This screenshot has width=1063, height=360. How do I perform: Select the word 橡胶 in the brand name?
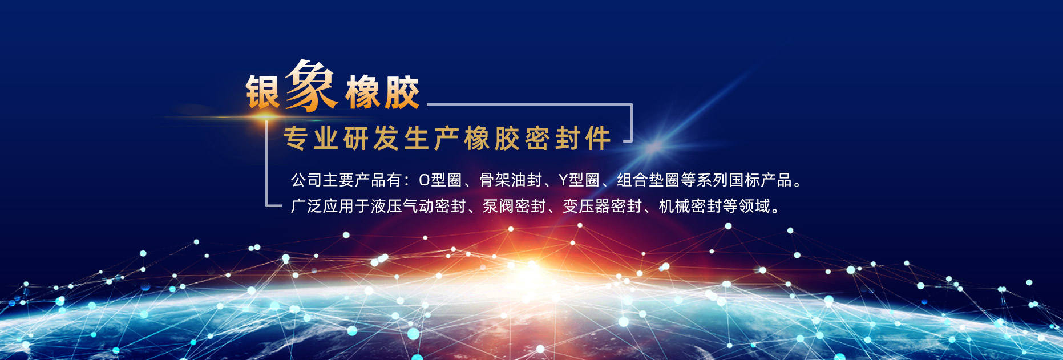(382, 92)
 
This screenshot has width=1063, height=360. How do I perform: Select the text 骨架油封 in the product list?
(510, 180)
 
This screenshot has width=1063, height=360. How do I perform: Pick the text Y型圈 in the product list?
(579, 180)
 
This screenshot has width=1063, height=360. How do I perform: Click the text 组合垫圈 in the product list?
(648, 180)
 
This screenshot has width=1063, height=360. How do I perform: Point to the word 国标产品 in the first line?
(761, 180)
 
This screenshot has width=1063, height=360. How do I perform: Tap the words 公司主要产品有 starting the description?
(346, 180)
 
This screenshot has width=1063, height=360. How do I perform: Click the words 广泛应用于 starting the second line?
(330, 206)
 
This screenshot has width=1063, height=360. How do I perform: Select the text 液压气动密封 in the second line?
(418, 206)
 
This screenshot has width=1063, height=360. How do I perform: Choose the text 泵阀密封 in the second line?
(514, 206)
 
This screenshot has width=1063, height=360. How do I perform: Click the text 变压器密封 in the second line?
(603, 206)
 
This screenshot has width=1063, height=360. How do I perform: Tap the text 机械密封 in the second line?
(690, 206)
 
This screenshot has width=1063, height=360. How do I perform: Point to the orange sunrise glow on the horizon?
(531, 274)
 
